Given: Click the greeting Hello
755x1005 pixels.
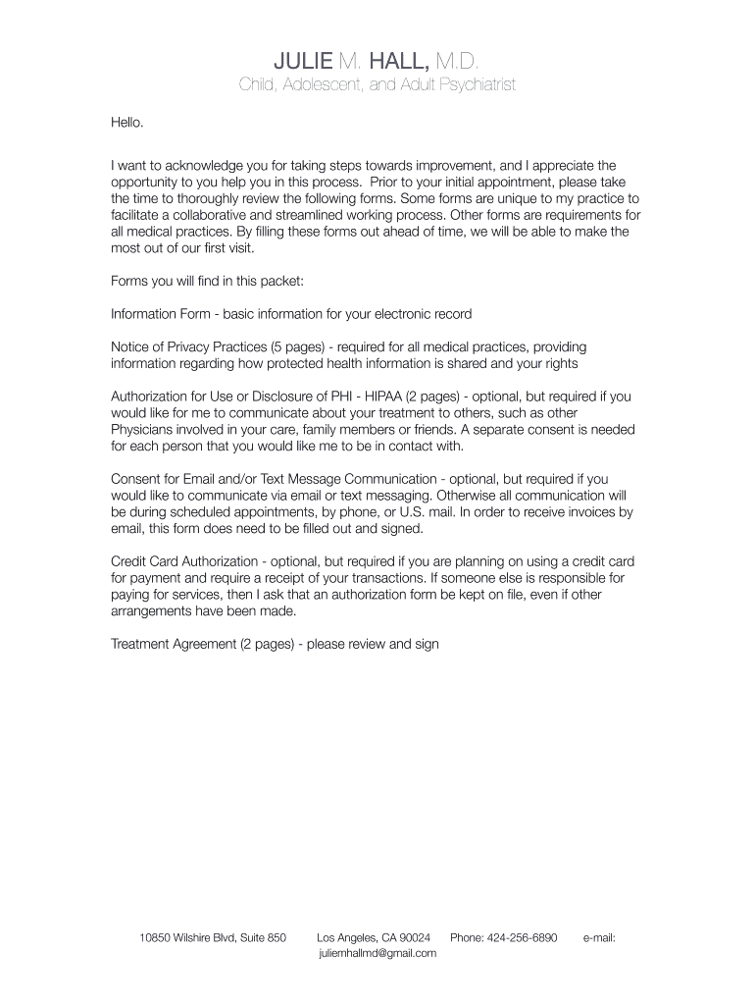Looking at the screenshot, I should pos(127,123).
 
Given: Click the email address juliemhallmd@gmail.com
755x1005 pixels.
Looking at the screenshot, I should pos(377,953).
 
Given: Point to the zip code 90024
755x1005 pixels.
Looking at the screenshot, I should pos(413,938).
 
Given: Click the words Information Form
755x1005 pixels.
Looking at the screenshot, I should pos(162,314).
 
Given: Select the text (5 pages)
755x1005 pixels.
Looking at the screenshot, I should pos(299,347).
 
